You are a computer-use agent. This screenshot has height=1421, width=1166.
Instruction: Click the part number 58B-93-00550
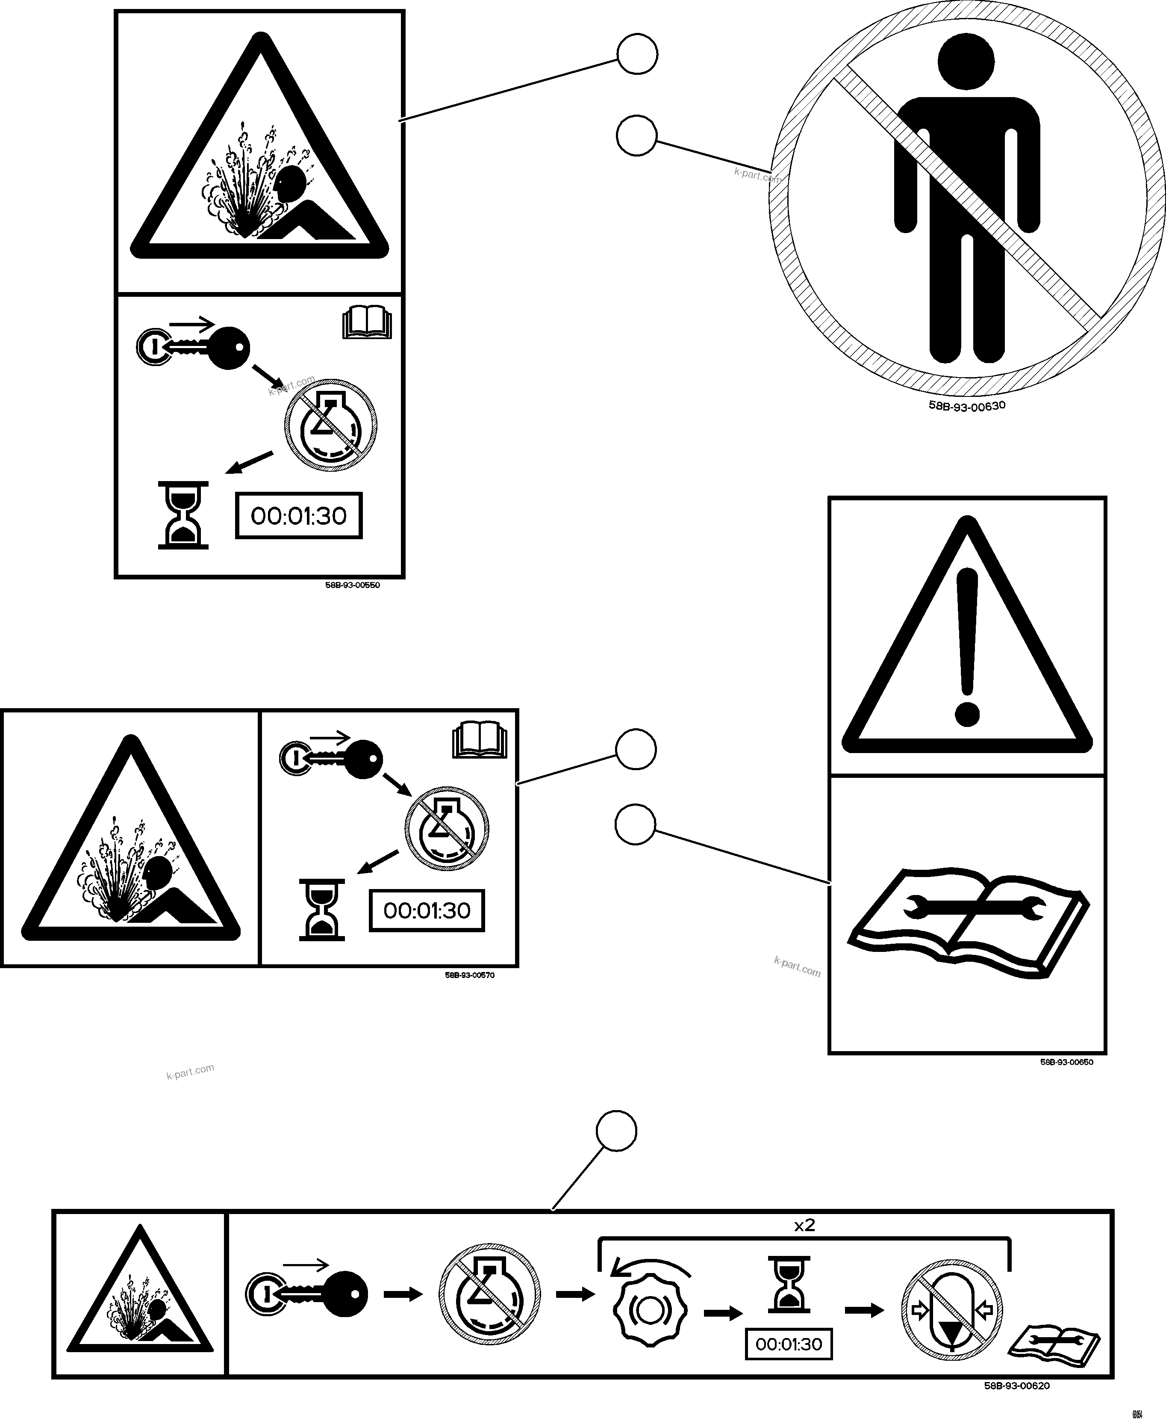(x=353, y=585)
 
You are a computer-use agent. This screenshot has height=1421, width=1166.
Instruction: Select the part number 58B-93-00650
(x=1066, y=1062)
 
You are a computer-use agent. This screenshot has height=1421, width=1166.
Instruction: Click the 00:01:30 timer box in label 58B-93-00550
(x=299, y=516)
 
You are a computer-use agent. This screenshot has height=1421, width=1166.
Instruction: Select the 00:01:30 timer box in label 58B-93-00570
(x=427, y=911)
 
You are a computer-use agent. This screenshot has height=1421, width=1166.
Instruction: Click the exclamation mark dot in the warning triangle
(x=966, y=714)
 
